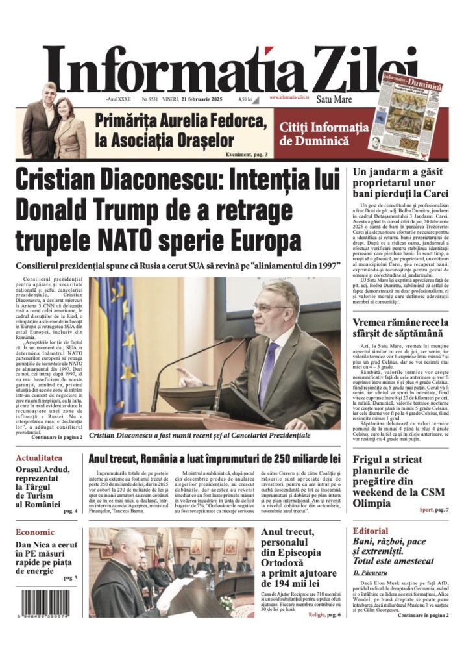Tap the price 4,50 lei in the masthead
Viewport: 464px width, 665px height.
coord(245,99)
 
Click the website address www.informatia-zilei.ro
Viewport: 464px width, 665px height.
coord(291,98)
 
